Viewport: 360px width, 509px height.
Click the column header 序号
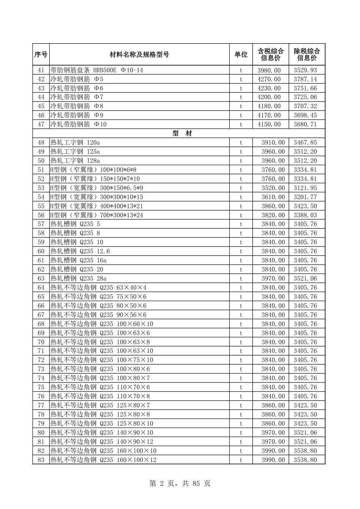click(41, 55)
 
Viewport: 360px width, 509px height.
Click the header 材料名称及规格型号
click(139, 55)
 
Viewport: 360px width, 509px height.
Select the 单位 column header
click(241, 55)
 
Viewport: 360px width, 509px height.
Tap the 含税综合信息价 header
click(271, 55)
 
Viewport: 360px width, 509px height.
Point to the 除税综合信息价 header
click(307, 55)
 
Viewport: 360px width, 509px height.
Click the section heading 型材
click(182, 133)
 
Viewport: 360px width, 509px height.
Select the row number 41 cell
click(41, 70)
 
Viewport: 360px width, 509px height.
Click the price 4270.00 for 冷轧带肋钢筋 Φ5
click(269, 79)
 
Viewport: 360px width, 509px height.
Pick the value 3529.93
click(305, 70)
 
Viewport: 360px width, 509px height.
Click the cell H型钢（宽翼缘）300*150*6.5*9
click(97, 188)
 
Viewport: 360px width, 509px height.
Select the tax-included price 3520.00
click(273, 188)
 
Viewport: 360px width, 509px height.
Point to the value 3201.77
click(305, 197)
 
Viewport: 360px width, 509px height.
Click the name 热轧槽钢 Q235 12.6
click(80, 251)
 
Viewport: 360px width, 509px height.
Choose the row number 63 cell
click(41, 278)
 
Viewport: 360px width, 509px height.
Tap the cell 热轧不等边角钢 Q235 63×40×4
click(98, 287)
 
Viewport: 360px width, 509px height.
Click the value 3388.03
click(305, 215)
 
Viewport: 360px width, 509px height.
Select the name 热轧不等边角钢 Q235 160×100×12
click(103, 460)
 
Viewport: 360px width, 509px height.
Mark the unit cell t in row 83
click(241, 460)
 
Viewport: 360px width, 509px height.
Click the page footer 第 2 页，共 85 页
click(180, 483)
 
